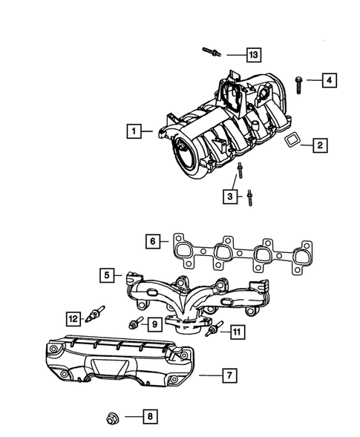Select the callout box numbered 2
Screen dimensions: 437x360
click(318, 145)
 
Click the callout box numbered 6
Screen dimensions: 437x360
click(153, 241)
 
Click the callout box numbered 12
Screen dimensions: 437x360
click(73, 319)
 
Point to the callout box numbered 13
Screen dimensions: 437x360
click(255, 55)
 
